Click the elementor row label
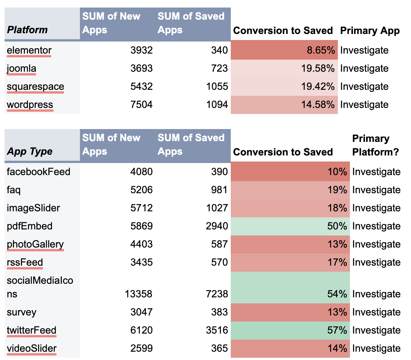point(29,50)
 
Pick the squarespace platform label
point(35,86)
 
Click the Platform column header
point(28,30)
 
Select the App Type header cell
point(30,151)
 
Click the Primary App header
point(370,31)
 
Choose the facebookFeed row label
point(38,172)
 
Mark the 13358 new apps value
point(138,294)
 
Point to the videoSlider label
point(32,348)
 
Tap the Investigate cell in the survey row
point(376,312)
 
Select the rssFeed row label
point(25,262)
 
